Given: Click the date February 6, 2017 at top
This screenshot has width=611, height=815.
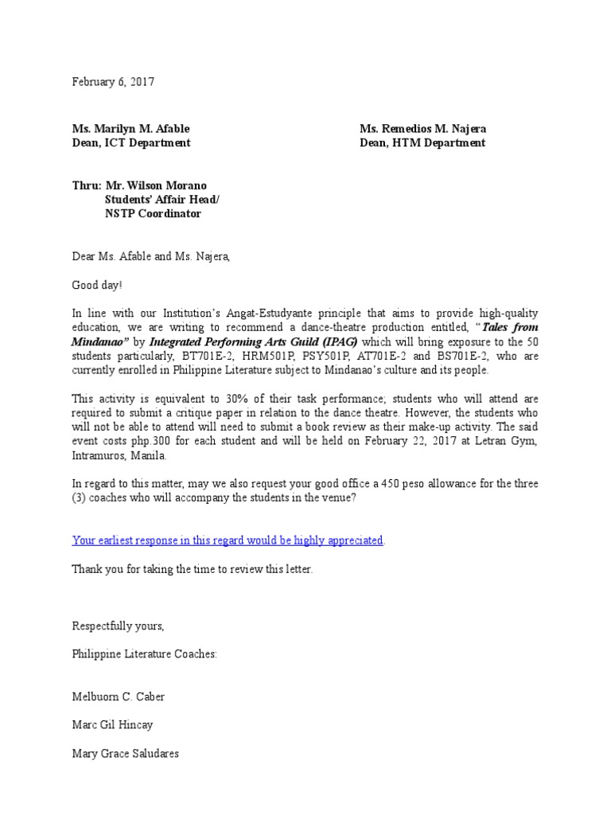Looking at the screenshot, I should [x=113, y=82].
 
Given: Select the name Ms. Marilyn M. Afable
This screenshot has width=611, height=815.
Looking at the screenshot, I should [x=131, y=129].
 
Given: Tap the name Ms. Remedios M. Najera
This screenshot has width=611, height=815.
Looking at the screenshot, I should [x=423, y=129].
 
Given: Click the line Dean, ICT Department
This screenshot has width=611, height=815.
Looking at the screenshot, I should [x=131, y=143].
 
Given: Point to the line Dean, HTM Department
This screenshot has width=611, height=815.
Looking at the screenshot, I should [x=422, y=143].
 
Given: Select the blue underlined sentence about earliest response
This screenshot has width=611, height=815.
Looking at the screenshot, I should [x=228, y=540].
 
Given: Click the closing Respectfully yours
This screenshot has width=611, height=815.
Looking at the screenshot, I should [x=118, y=626].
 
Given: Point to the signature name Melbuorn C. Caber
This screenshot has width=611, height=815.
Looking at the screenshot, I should [x=119, y=696].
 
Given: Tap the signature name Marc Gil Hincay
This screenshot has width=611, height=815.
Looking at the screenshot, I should [x=114, y=724].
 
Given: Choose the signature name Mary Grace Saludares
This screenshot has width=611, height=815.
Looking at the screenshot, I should [x=125, y=753].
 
